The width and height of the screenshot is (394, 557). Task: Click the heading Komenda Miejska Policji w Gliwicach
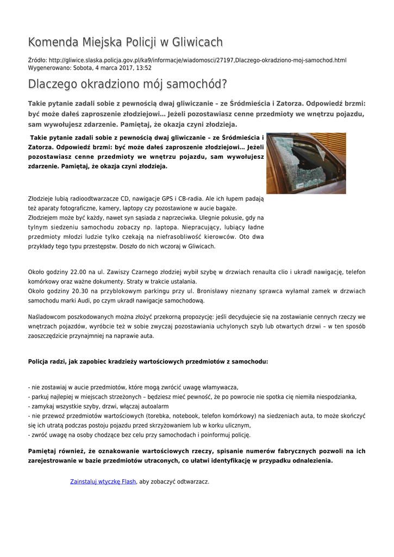tap(126, 42)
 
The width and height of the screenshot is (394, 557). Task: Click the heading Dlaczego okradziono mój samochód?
tap(127, 84)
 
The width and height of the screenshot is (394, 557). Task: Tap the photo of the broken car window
tap(306, 163)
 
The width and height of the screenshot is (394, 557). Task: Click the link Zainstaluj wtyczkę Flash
tap(103, 481)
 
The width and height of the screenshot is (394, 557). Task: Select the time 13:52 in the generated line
tap(143, 68)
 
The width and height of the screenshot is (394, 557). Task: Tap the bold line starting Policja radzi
tap(148, 361)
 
